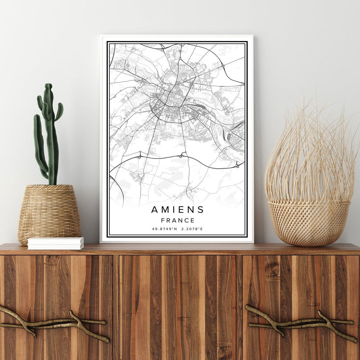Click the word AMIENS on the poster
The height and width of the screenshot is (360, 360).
click(x=178, y=210)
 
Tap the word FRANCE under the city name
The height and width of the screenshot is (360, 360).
click(x=178, y=221)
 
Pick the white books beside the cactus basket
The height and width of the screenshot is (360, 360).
click(x=56, y=243)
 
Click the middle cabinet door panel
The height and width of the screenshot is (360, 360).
click(x=178, y=306)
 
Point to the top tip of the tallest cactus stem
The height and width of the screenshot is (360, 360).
click(x=49, y=85)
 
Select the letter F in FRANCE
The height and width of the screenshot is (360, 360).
click(x=162, y=221)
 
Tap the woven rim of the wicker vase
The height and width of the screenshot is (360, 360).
click(x=309, y=203)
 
